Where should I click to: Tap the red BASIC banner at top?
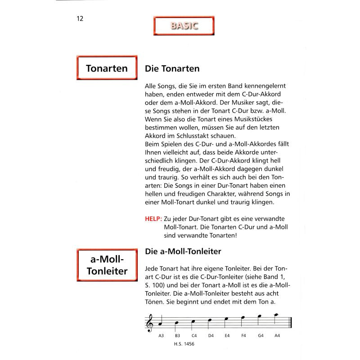[184, 26]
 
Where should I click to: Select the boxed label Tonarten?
[107, 69]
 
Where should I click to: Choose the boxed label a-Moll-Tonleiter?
[107, 265]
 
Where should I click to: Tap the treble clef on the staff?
[150, 322]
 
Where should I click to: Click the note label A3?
[161, 336]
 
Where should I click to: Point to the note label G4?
[261, 336]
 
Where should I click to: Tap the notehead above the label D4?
[209, 320]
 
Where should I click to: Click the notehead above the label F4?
[242, 317]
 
